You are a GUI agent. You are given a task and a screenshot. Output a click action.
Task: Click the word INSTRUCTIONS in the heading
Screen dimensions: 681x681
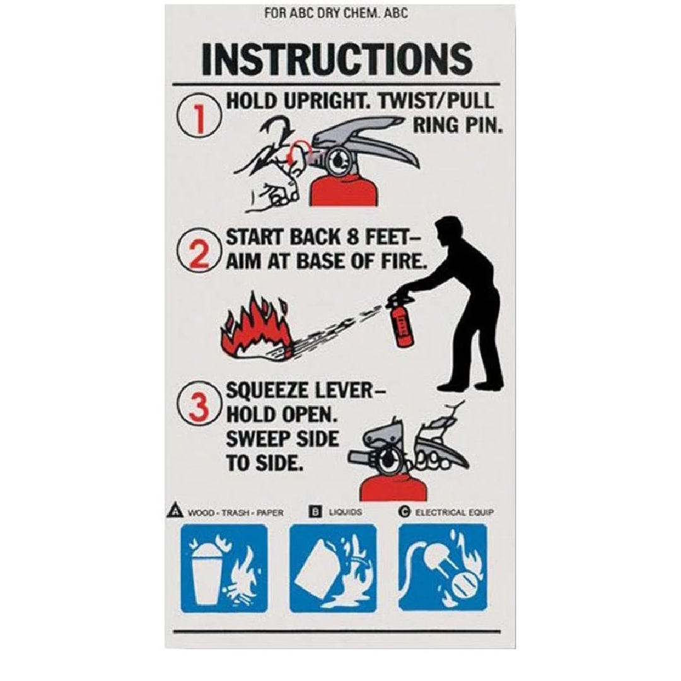[337, 59]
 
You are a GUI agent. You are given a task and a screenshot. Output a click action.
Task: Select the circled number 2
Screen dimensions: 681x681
[199, 250]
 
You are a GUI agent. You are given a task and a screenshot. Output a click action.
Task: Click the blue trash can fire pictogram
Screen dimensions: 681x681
[224, 567]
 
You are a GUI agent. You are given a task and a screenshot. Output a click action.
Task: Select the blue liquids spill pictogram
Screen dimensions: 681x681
[333, 567]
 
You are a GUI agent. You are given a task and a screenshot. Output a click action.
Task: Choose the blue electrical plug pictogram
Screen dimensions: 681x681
[443, 567]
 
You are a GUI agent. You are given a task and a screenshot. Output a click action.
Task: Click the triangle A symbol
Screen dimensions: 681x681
[175, 510]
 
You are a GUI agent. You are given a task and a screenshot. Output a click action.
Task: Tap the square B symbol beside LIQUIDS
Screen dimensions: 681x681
[315, 511]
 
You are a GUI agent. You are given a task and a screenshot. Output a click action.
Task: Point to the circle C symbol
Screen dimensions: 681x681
[404, 511]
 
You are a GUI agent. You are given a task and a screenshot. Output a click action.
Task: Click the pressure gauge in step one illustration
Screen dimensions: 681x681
[337, 160]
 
